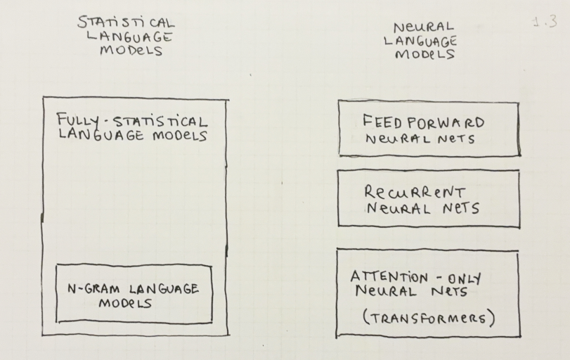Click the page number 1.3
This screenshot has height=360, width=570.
[x=545, y=22]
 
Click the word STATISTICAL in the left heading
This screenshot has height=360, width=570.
[x=126, y=24]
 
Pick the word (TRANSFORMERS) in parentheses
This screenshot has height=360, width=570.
[x=429, y=317]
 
